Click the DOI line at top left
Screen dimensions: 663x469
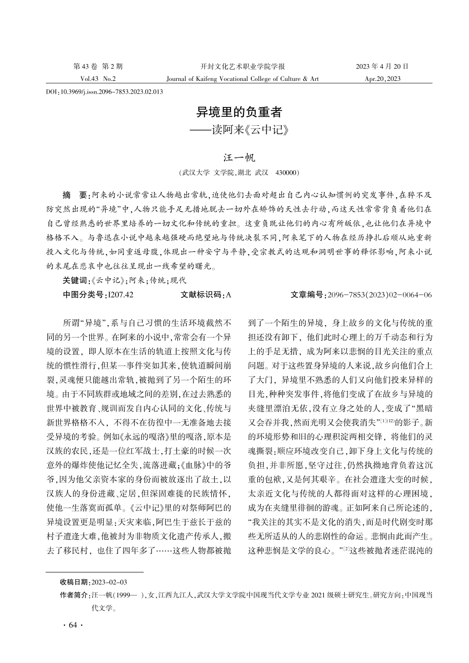[104, 92]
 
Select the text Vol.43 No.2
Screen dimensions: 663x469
[98, 78]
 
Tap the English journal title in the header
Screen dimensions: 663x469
[242, 78]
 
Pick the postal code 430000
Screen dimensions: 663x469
[286, 173]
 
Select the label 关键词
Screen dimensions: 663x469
[75, 280]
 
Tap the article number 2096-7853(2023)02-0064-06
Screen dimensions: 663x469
[379, 295]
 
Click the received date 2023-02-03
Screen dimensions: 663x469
[109, 582]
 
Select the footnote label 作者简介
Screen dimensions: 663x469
[74, 595]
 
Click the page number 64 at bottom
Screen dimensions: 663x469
[73, 626]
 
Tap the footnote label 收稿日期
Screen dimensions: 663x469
[74, 582]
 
